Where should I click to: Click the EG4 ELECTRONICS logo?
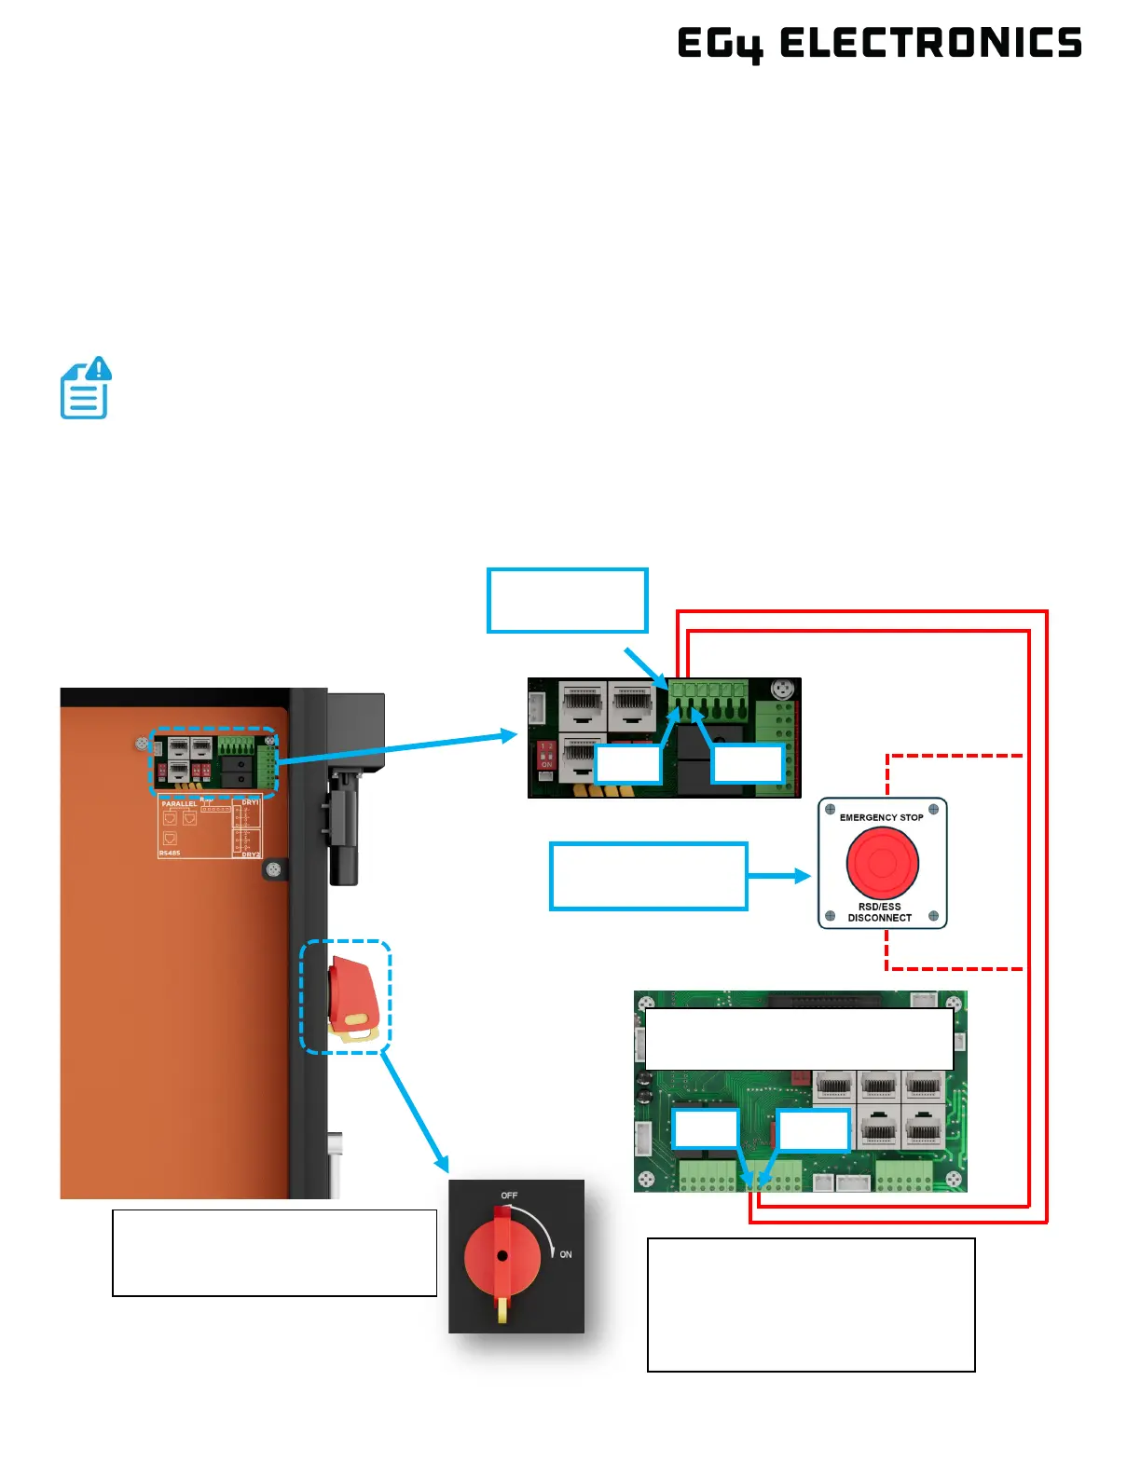coord(879,44)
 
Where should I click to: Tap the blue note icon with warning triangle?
coord(86,388)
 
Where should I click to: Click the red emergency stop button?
coord(882,863)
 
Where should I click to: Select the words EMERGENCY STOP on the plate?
coord(881,817)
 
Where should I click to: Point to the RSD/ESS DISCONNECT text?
coord(879,912)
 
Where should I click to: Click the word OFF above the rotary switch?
coord(509,1196)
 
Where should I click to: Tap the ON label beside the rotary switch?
coord(565,1254)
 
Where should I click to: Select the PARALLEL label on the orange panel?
coord(179,803)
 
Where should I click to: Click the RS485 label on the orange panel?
coord(170,853)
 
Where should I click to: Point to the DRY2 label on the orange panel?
coord(251,854)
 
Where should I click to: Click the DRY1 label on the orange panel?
coord(250,802)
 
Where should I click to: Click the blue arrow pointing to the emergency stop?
coord(778,876)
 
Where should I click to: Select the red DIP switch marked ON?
coord(547,755)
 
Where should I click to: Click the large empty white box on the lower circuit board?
coord(799,1038)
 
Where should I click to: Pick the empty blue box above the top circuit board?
coord(567,601)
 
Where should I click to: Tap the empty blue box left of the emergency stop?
coord(648,876)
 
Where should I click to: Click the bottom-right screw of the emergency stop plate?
coord(933,916)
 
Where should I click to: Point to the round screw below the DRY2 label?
coord(273,869)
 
